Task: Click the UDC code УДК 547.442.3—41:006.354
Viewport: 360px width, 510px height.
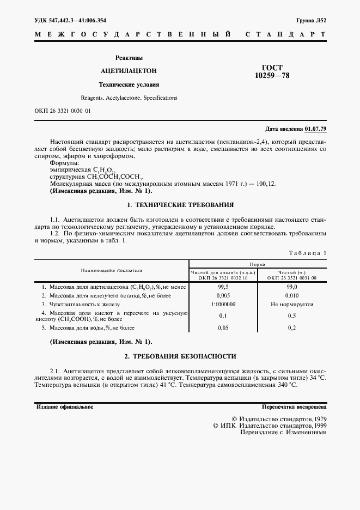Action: (70, 21)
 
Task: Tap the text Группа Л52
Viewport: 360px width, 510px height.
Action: (311, 21)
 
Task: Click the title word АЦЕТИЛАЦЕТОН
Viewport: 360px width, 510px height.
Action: (129, 71)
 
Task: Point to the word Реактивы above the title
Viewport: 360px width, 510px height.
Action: (129, 58)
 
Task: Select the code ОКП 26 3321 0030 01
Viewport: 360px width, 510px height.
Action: (63, 111)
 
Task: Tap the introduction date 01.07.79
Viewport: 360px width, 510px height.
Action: (316, 129)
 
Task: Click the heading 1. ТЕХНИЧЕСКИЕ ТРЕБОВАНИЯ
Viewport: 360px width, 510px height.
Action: (180, 205)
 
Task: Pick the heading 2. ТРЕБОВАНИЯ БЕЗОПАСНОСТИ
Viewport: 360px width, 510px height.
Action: (180, 356)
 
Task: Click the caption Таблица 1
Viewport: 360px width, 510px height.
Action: (308, 253)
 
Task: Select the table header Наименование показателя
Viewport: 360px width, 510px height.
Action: (112, 270)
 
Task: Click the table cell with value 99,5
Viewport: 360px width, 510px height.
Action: (223, 286)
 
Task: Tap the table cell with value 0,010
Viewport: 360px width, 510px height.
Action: (292, 295)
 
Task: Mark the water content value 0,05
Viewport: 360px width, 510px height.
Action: (223, 328)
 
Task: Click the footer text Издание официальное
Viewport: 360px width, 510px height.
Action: (64, 407)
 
